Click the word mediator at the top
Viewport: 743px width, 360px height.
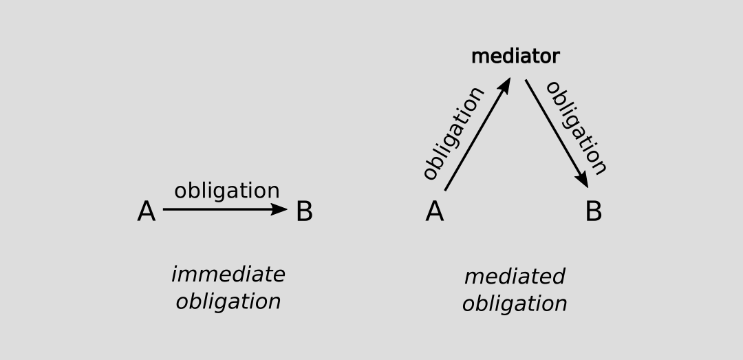[x=515, y=56]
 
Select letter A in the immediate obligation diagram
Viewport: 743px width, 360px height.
[x=146, y=212]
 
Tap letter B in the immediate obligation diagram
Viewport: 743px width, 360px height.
[x=304, y=212]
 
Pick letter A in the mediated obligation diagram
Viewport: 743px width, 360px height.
[x=434, y=212]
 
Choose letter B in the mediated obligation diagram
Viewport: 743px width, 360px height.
[x=593, y=212]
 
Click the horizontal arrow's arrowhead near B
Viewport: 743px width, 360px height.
[x=279, y=209]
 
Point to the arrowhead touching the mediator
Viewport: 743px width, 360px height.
[x=506, y=85]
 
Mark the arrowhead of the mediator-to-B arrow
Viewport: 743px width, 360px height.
[x=583, y=180]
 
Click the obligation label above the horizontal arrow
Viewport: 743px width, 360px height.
[x=226, y=191]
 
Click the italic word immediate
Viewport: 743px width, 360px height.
[x=228, y=275]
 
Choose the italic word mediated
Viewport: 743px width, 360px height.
[x=514, y=277]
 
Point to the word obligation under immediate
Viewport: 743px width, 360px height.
[x=228, y=301]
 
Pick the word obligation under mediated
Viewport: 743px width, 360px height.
[x=514, y=304]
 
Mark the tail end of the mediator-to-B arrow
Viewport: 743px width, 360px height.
[x=526, y=81]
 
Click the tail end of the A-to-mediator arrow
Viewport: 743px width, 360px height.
[x=446, y=189]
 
